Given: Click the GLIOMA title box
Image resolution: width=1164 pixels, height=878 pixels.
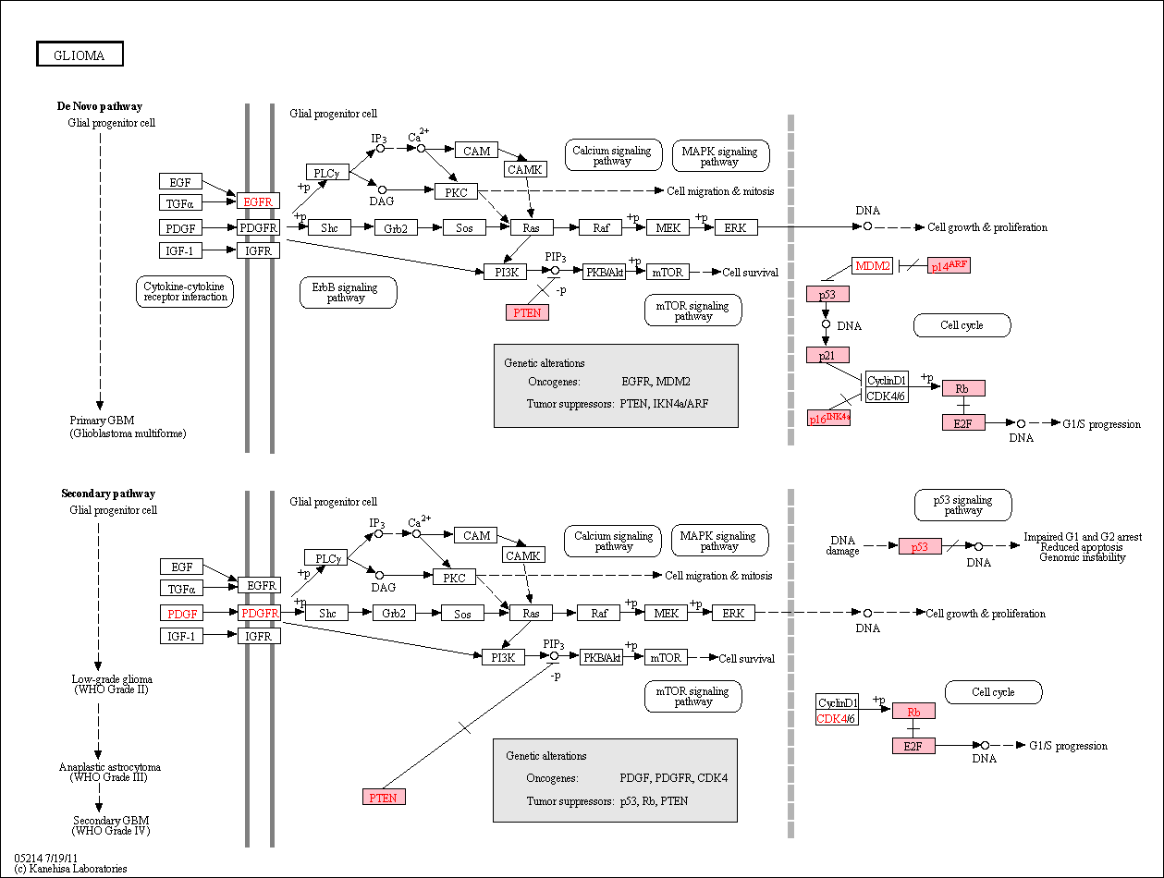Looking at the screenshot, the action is [x=80, y=54].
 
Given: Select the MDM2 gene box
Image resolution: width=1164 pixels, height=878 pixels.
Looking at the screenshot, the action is [x=873, y=265].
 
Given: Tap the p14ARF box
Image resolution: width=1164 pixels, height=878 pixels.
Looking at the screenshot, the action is [x=949, y=265].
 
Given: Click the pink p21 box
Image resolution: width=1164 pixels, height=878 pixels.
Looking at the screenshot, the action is [x=827, y=355].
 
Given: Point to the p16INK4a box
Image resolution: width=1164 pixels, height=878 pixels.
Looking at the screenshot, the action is [x=828, y=418].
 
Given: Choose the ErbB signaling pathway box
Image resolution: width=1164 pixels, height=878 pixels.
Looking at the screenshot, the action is [x=348, y=292].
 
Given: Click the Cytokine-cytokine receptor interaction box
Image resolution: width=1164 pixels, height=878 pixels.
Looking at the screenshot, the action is [x=185, y=291].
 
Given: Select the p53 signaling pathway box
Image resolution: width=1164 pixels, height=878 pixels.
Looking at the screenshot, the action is [x=963, y=505].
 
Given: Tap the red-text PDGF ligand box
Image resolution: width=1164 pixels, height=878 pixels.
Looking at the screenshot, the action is [x=182, y=614].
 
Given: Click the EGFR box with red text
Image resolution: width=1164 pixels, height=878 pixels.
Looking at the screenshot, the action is [x=258, y=201].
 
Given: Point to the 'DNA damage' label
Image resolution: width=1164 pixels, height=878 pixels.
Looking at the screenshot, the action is [x=842, y=545].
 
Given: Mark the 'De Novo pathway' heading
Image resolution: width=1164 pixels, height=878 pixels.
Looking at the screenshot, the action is [x=100, y=106].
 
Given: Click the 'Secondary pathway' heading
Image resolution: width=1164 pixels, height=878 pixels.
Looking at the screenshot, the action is [x=108, y=494].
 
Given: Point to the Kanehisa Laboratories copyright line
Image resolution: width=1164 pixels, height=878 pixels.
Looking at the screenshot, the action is [x=70, y=869].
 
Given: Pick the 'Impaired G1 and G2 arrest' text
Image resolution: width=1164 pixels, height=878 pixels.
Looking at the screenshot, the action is [x=1083, y=537].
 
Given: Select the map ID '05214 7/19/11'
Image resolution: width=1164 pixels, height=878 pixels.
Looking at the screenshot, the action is [x=45, y=858].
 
